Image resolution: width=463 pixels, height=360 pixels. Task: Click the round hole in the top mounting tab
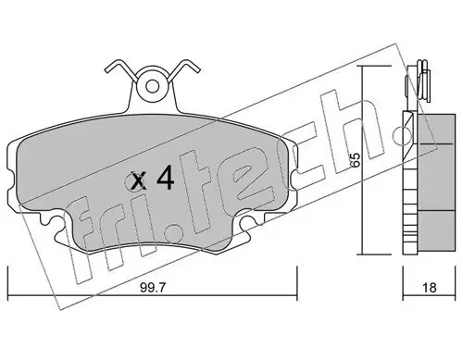[x=152, y=85]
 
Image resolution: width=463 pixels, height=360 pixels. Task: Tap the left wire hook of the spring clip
[x=118, y=68]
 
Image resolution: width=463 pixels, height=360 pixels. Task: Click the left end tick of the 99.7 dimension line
[x=8, y=277]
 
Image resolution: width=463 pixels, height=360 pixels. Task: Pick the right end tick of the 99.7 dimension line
[x=295, y=277]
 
